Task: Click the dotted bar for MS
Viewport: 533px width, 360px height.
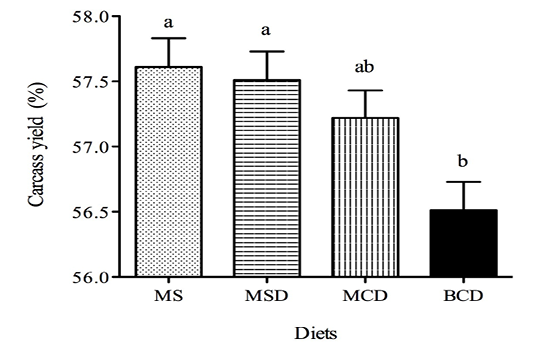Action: coord(169,172)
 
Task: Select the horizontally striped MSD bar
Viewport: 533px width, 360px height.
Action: coord(266,178)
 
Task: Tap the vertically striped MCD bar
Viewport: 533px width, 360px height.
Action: coord(365,197)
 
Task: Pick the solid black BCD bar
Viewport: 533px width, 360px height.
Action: coord(464,243)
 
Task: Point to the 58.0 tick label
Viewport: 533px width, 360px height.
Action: coord(92,16)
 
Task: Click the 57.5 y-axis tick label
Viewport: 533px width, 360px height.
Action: coord(92,82)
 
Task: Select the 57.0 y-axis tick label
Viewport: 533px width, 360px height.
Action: coord(92,147)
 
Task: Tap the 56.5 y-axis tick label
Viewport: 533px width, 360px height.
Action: coord(92,212)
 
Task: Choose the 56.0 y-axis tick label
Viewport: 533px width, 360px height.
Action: coord(92,277)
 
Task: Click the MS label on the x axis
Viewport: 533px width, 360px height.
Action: coord(169,296)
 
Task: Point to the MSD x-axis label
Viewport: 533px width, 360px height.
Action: coord(266,296)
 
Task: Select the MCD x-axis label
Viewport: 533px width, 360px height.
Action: coord(365,296)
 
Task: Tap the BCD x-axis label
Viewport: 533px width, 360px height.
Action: coord(464,296)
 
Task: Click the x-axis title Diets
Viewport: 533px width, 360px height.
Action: coord(316,333)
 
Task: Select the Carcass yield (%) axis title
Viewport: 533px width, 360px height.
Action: coord(36,144)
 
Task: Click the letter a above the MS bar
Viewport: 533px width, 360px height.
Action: coord(168,23)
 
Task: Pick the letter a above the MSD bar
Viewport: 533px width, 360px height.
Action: coord(266,31)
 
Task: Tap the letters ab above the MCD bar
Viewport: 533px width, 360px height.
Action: coord(364,67)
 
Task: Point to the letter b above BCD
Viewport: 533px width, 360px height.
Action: coord(463,160)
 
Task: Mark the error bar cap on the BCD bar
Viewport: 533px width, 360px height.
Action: coord(464,182)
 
